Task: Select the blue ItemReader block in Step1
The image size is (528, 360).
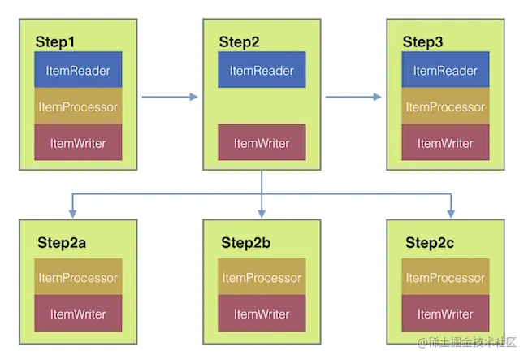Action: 78,71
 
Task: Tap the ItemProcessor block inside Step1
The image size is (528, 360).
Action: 78,106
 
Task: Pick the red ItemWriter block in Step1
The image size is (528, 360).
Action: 78,142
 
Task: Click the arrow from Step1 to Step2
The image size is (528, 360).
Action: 170,98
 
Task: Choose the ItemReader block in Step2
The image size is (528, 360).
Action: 262,71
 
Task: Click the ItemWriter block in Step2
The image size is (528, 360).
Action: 262,142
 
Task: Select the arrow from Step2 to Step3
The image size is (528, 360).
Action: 353,98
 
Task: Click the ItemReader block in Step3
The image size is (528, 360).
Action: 445,71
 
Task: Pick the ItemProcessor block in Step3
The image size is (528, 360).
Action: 445,106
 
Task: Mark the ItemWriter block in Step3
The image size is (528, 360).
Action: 445,142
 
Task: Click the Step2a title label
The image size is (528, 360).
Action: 58,242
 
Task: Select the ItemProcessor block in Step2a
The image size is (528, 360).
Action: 78,277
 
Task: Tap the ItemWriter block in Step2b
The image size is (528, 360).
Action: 262,313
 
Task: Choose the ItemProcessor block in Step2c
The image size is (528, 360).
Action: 445,277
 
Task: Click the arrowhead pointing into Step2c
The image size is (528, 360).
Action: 451,215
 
